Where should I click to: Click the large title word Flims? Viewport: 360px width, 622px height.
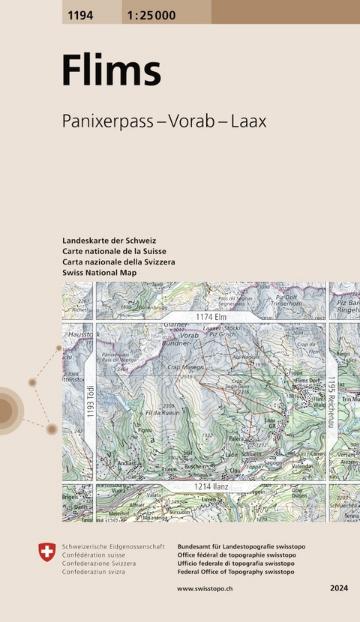click(x=111, y=72)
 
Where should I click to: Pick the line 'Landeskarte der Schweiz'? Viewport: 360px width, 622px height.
click(x=109, y=240)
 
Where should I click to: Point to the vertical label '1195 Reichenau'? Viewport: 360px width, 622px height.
click(x=331, y=403)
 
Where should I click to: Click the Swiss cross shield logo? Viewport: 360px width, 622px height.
click(x=46, y=553)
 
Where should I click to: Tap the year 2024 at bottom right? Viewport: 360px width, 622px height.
click(x=338, y=589)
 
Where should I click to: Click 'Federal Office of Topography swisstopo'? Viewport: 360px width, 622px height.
click(x=235, y=572)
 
